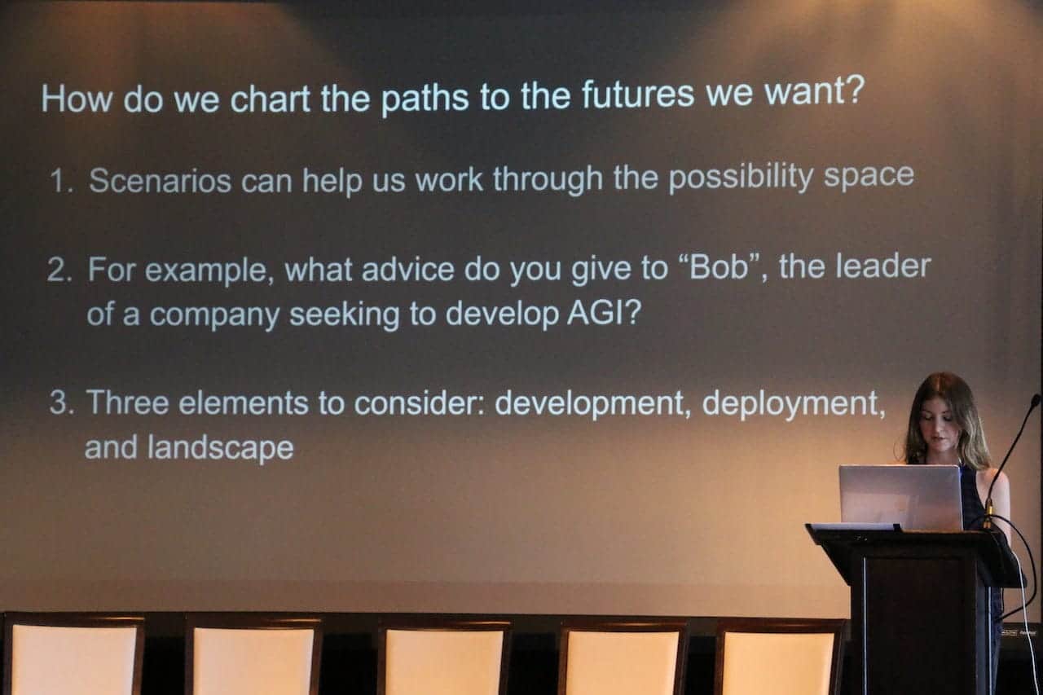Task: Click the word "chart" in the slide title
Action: point(270,99)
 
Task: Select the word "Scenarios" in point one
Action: point(161,181)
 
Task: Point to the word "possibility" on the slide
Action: point(741,178)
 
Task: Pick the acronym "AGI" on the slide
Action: point(596,312)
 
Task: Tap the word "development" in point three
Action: point(589,403)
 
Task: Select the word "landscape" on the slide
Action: point(220,448)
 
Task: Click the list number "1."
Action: point(61,181)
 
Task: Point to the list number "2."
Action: point(59,270)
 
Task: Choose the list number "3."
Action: point(62,402)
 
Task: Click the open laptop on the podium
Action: point(901,498)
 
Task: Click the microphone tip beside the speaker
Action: point(1036,399)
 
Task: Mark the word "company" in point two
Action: point(214,315)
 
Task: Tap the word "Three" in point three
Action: point(127,402)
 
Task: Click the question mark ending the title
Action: point(856,90)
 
